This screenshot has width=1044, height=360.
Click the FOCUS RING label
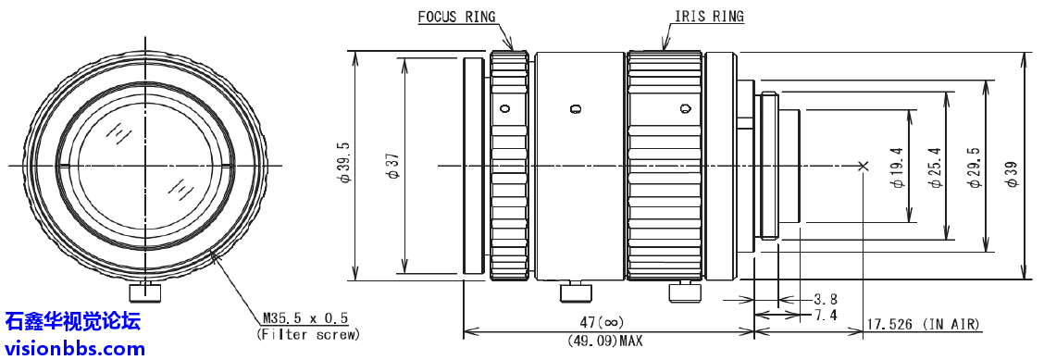(456, 17)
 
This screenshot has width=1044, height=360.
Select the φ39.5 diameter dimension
(342, 165)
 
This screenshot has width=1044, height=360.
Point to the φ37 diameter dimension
(392, 165)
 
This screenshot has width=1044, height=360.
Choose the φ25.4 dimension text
(935, 167)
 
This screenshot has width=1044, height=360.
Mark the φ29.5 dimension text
(973, 167)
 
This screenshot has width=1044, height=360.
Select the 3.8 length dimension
(825, 300)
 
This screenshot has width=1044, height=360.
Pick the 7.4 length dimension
(825, 316)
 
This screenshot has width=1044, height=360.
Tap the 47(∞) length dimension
(603, 323)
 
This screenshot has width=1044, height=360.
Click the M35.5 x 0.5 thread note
(309, 318)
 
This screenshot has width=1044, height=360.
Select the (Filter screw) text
(309, 334)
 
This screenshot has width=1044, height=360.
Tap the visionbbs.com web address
(74, 349)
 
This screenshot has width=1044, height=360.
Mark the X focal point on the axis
(863, 166)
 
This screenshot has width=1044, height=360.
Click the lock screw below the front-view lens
(145, 293)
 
